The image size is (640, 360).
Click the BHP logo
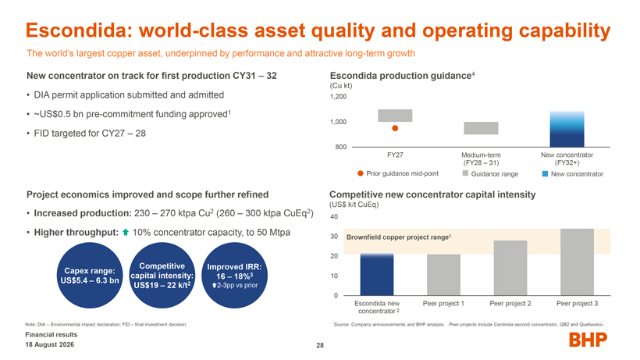pyautogui.click(x=588, y=340)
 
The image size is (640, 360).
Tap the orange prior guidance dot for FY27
pyautogui.click(x=395, y=128)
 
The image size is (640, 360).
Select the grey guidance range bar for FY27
pyautogui.click(x=395, y=116)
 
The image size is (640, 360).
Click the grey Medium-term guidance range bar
pyautogui.click(x=481, y=128)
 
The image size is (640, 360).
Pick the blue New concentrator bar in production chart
pyautogui.click(x=567, y=129)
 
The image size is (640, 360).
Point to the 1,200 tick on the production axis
pyautogui.click(x=338, y=97)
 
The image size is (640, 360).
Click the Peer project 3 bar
pyautogui.click(x=577, y=262)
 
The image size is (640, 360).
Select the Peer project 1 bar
pyautogui.click(x=443, y=275)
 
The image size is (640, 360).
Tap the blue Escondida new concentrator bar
pyautogui.click(x=377, y=274)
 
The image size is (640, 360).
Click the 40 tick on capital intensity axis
pyautogui.click(x=334, y=217)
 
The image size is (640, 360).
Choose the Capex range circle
pyautogui.click(x=90, y=276)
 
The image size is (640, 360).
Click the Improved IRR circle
pyautogui.click(x=234, y=276)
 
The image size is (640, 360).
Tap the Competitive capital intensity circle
pyautogui.click(x=162, y=276)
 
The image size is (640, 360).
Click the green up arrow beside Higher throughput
pyautogui.click(x=126, y=232)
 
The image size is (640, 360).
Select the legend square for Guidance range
pyautogui.click(x=465, y=173)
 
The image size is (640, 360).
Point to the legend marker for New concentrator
pyautogui.click(x=545, y=174)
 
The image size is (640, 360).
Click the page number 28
pyautogui.click(x=320, y=345)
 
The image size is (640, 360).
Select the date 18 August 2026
pyautogui.click(x=50, y=344)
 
